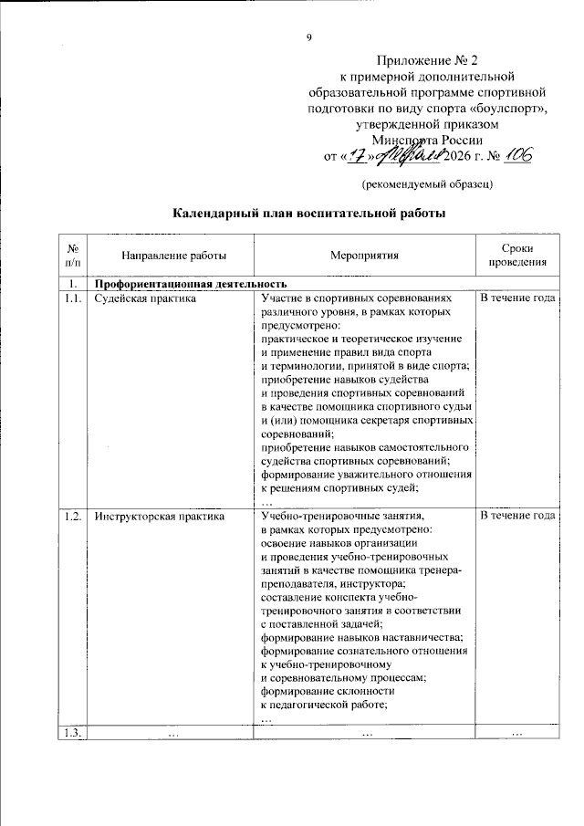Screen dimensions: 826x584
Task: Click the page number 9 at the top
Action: click(x=308, y=37)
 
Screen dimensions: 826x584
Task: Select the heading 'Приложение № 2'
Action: click(x=427, y=60)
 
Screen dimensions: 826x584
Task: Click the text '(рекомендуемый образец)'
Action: click(x=427, y=184)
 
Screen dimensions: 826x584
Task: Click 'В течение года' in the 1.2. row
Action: click(x=517, y=516)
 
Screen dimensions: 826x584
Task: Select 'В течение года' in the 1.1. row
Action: click(x=517, y=298)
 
